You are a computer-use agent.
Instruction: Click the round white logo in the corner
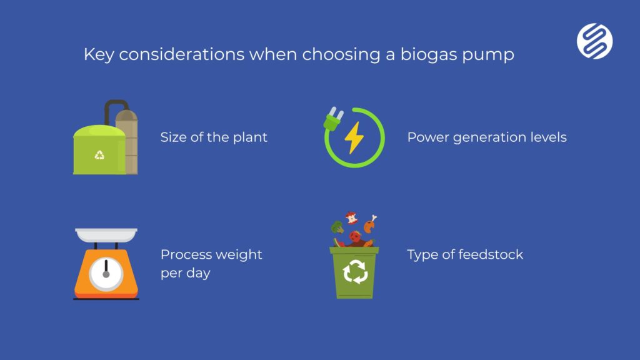595,41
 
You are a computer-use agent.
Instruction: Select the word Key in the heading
99,55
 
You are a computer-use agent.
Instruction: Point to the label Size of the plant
214,137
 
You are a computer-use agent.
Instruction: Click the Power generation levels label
487,137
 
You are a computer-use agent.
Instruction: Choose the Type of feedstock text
465,254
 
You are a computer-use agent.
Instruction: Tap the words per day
185,272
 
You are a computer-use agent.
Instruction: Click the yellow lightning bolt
354,137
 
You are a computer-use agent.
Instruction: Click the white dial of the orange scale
106,274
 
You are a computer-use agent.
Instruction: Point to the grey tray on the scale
106,235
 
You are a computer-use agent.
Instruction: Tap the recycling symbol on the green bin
355,271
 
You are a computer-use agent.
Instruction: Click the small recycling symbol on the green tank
99,155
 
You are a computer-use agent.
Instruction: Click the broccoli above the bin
337,227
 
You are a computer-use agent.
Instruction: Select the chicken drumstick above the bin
370,224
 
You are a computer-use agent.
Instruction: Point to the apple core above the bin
351,218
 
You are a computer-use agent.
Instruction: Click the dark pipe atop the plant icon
114,109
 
